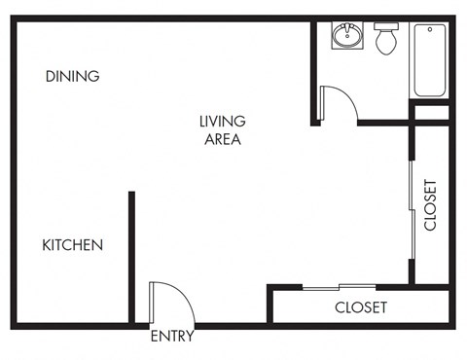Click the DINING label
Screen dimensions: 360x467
point(72,76)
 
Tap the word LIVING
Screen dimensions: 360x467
point(222,122)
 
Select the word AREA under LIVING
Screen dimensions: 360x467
point(222,139)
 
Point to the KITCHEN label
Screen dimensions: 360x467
point(72,245)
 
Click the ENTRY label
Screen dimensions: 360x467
point(172,338)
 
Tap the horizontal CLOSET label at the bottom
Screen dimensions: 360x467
point(361,307)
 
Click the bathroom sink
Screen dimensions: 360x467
point(345,37)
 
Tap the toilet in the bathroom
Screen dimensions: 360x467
point(386,39)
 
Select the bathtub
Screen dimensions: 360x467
point(429,60)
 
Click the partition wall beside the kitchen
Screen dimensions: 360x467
point(130,257)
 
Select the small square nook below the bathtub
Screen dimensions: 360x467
point(429,112)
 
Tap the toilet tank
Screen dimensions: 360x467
point(386,28)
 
